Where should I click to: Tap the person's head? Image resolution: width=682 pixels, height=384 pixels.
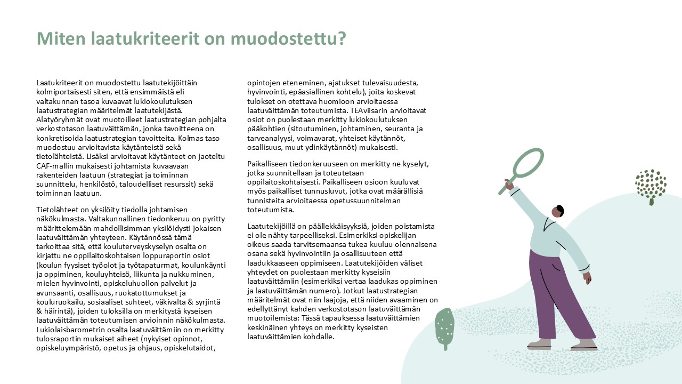pos(558,211)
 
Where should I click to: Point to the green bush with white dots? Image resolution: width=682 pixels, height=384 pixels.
pos(444,325)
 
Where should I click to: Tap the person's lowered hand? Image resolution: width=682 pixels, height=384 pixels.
pos(587,278)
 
